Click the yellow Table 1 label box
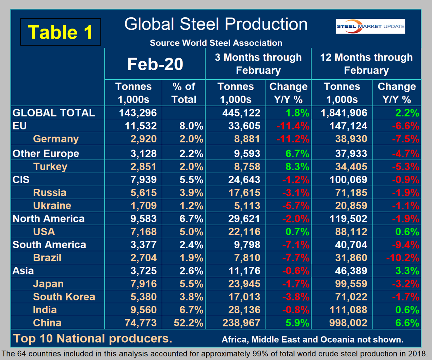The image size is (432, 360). [x=61, y=32]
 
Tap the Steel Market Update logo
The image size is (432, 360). [x=370, y=26]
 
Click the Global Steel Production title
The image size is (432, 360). [x=216, y=25]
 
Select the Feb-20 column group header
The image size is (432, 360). [x=155, y=64]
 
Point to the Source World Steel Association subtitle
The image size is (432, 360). [x=216, y=43]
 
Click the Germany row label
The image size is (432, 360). [x=56, y=139]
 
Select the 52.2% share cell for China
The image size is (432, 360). [x=188, y=323]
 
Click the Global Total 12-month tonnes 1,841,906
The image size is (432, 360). [x=344, y=113]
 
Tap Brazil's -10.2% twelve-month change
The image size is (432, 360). [x=402, y=258]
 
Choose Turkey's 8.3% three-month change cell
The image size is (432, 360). [x=297, y=167]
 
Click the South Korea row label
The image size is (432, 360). [x=64, y=297]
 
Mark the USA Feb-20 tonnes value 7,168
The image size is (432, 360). [x=144, y=232]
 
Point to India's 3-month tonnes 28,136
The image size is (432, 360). [x=244, y=310]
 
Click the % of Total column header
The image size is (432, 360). [x=184, y=93]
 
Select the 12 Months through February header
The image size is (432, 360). [x=366, y=64]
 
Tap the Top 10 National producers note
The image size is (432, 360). [x=93, y=339]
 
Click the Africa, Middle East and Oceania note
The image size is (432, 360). [x=312, y=340]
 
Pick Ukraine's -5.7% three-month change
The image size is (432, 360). [x=295, y=206]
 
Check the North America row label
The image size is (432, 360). [x=48, y=219]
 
